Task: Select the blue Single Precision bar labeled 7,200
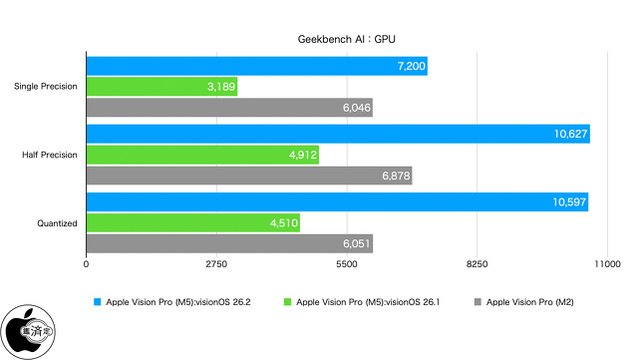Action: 257,65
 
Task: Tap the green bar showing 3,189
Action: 162,87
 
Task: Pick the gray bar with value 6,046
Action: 229,108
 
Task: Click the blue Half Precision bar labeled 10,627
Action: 338,134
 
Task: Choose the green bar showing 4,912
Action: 203,155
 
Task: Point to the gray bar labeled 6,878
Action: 249,176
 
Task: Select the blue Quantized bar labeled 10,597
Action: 337,202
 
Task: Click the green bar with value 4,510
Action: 193,223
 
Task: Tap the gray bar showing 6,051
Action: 229,244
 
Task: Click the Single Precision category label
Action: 46,87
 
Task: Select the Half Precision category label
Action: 50,155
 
